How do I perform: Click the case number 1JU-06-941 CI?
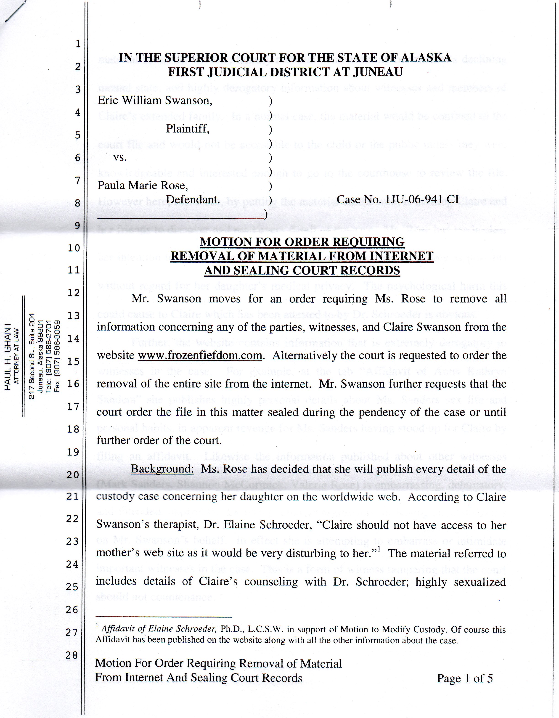tap(397, 200)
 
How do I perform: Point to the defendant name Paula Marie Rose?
tap(142, 186)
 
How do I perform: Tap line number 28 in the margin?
tap(72, 655)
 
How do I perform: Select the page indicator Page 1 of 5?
tap(464, 678)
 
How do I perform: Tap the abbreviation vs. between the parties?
tap(120, 157)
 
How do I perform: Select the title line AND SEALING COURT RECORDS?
tap(302, 270)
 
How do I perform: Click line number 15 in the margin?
tap(74, 361)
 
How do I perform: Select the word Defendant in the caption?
tap(193, 200)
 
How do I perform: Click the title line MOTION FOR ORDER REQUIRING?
tap(302, 242)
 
